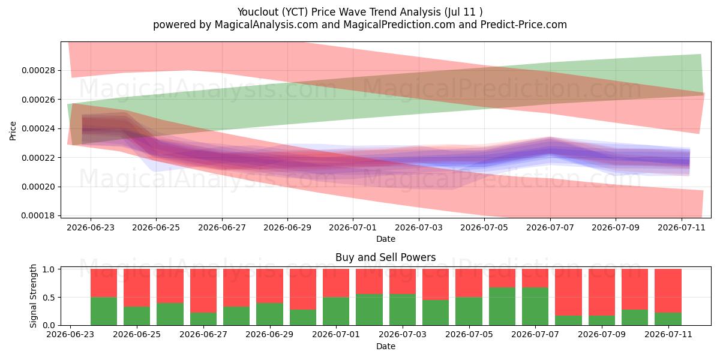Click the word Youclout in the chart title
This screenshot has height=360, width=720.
258,12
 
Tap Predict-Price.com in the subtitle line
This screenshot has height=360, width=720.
524,25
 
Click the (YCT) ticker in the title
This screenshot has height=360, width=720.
295,12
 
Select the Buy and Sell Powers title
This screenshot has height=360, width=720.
385,257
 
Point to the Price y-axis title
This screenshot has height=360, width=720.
13,131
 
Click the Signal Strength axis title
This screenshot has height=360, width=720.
33,296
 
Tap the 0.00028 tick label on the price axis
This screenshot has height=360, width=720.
38,70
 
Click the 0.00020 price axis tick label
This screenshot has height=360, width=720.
38,187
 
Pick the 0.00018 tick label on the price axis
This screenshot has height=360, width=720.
38,215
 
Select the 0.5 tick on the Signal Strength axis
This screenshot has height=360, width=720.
49,298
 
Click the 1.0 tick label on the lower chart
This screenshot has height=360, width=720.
49,269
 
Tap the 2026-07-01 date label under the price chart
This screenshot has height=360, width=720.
353,227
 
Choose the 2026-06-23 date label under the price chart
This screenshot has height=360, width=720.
91,227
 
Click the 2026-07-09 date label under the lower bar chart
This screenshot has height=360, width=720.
602,335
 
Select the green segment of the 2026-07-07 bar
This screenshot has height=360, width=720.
535,307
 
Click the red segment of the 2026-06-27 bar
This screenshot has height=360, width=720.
203,291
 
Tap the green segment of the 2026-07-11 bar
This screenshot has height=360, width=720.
668,319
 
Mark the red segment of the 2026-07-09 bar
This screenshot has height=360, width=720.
602,292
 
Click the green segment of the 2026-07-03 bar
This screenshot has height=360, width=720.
403,310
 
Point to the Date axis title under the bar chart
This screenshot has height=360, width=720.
385,347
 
